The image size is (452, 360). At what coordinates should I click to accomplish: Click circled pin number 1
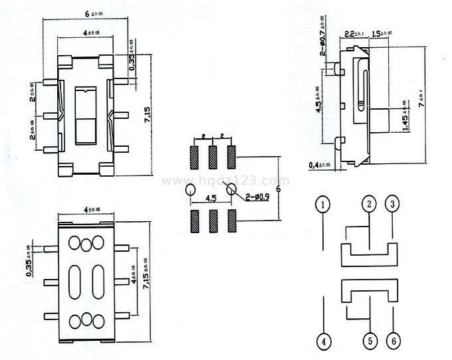[323, 205]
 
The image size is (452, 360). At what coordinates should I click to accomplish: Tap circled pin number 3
[394, 205]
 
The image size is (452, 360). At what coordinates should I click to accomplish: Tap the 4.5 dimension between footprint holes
[212, 198]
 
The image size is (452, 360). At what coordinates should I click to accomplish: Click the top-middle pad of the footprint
[213, 157]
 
